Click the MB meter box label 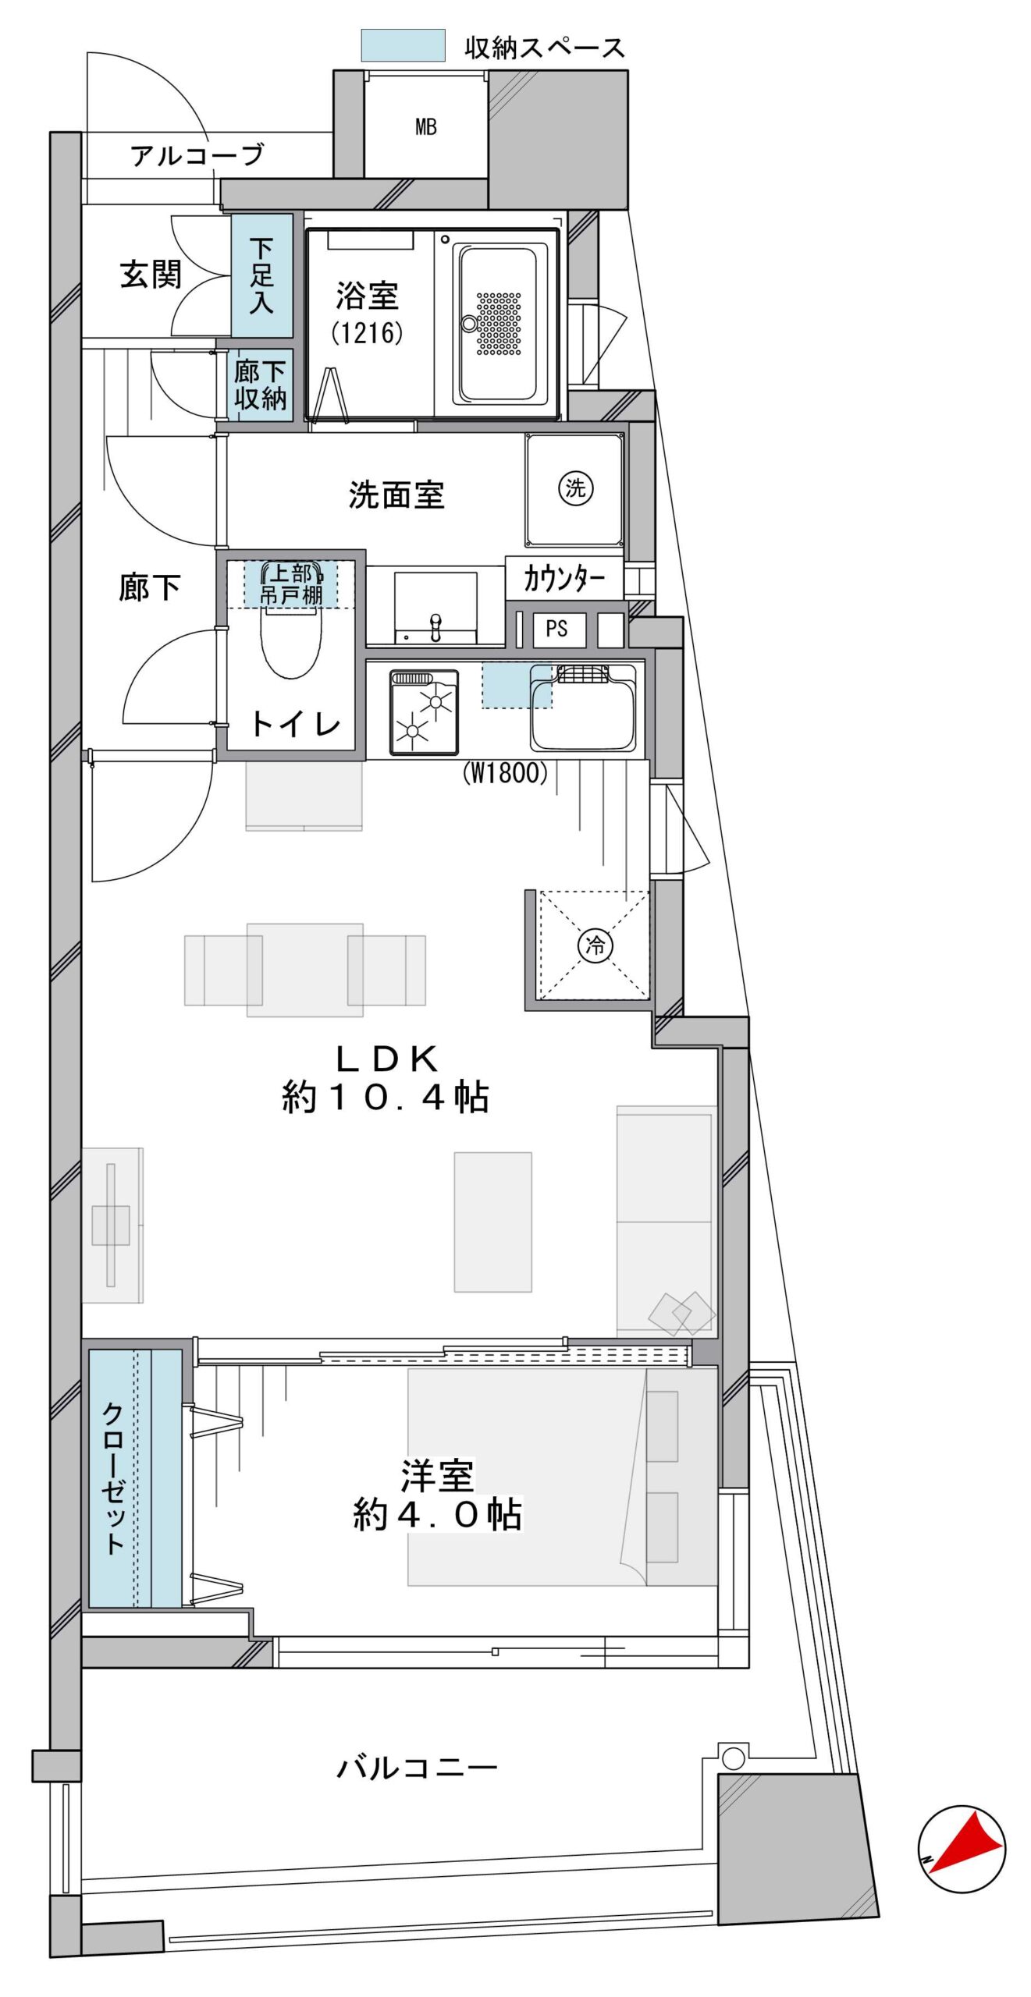coord(425,126)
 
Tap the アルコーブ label coord(197,155)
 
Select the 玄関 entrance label coord(151,275)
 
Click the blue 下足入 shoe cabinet coord(262,275)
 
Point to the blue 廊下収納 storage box coord(261,385)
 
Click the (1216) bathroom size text coord(367,333)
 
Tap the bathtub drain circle coord(469,324)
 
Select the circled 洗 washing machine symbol coord(576,488)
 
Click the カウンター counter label coord(563,579)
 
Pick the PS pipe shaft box coord(559,630)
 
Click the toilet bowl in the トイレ coord(290,641)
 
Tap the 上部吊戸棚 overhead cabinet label coord(291,583)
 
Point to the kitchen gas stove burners coord(424,711)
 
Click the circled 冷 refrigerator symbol coord(595,946)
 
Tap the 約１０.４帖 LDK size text coord(386,1098)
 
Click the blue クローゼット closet coord(135,1478)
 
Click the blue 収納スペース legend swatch coord(403,45)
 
